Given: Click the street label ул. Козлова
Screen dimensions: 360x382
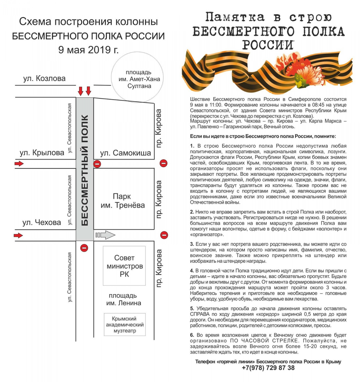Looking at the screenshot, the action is point(45,79).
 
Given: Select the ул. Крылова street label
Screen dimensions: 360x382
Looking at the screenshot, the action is point(42,152).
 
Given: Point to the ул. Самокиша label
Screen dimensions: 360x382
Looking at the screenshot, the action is point(126,153).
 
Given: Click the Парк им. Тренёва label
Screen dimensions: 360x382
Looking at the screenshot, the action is point(123,201).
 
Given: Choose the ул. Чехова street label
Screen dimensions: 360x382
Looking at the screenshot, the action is point(42,222).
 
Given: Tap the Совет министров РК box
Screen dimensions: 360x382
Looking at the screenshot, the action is point(124,265).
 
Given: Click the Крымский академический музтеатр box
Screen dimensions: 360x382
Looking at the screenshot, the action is point(125,325).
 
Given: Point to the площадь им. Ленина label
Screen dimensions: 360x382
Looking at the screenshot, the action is point(124,299).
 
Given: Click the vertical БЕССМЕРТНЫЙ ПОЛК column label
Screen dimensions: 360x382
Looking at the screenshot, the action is point(85,170).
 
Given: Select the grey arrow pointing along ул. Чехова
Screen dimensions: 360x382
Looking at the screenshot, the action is point(105,235).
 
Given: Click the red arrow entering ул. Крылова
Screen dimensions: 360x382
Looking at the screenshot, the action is point(19,164).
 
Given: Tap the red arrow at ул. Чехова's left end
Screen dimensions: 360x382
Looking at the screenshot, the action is point(18,235).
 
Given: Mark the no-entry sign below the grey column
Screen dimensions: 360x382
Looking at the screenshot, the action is point(84,248).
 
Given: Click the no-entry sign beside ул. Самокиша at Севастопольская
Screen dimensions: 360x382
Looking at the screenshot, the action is point(97,164).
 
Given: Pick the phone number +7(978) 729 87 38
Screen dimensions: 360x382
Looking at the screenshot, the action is point(268,368).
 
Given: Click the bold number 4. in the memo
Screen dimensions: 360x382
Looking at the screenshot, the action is point(192,271).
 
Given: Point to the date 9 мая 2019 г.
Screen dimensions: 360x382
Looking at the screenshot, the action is point(88,50).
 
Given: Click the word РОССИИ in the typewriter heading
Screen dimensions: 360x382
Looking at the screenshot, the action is point(268,46).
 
